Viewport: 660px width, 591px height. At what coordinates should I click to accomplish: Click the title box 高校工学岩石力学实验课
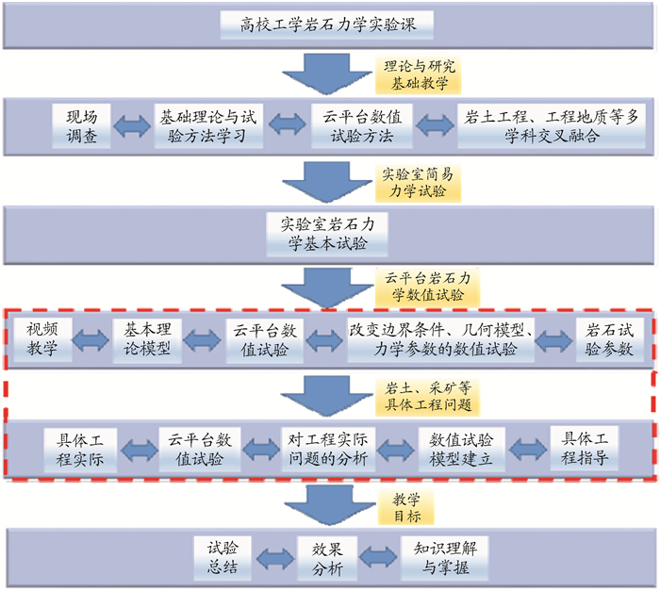pos(330,25)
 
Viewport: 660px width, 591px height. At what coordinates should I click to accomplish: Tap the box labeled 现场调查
pos(81,126)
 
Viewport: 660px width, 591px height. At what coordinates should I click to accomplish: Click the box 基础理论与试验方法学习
pos(207,126)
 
